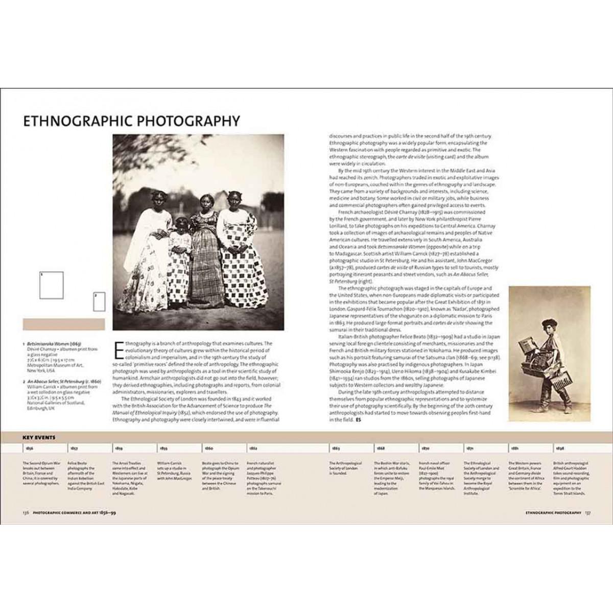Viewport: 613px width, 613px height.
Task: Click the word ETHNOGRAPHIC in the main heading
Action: pyautogui.click(x=72, y=121)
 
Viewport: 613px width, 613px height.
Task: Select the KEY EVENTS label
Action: pyautogui.click(x=39, y=438)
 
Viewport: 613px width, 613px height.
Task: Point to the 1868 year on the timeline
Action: pyautogui.click(x=381, y=448)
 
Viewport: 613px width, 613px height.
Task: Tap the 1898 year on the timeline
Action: pyautogui.click(x=560, y=448)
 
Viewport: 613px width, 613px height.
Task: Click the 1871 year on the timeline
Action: pyautogui.click(x=470, y=448)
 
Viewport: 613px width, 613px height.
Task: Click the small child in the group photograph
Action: pyautogui.click(x=181, y=255)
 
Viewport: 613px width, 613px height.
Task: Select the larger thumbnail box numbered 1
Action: pyautogui.click(x=52, y=285)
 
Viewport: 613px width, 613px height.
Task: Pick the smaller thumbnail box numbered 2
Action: pyautogui.click(x=99, y=301)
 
